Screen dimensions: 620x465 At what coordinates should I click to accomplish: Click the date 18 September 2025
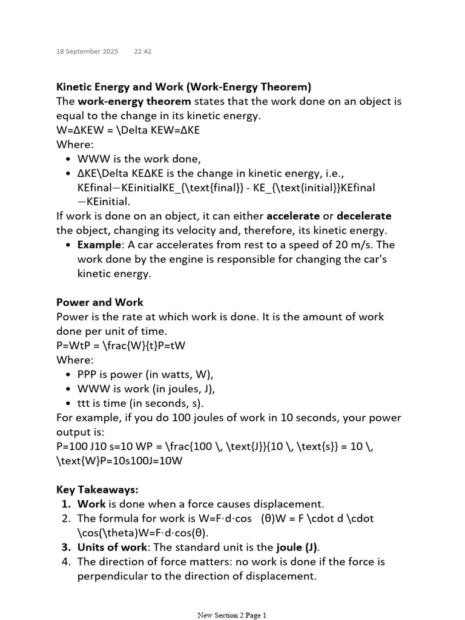click(87, 51)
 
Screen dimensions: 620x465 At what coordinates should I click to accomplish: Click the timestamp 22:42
click(143, 51)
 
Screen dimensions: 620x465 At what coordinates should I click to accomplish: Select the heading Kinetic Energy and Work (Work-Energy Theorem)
click(183, 87)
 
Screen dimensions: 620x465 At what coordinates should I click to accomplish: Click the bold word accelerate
click(292, 216)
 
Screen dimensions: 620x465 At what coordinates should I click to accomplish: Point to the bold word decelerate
click(364, 216)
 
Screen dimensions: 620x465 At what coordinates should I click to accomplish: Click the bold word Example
click(99, 245)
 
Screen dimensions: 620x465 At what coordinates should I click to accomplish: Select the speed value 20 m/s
click(355, 245)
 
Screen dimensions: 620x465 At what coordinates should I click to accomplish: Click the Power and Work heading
click(100, 302)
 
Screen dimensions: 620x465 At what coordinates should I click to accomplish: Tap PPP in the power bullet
click(88, 374)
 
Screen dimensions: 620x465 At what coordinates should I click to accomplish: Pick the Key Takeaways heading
click(97, 489)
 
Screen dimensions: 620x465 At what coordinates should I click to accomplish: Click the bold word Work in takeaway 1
click(91, 504)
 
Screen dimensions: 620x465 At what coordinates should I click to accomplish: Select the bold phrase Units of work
click(112, 547)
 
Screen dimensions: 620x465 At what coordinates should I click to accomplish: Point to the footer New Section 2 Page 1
click(232, 615)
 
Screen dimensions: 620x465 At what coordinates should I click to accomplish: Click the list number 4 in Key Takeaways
click(66, 561)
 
